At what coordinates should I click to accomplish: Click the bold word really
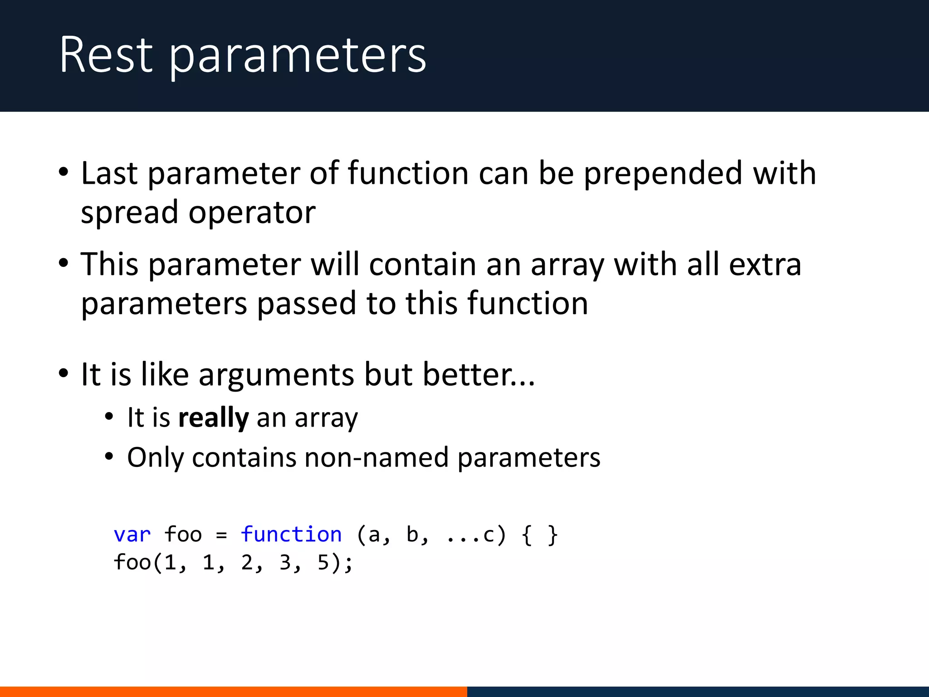213,418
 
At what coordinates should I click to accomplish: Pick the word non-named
376,457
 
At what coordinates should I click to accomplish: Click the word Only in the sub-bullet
155,457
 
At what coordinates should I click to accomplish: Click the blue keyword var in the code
132,535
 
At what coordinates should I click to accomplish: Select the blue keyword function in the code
291,535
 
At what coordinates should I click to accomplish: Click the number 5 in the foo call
323,563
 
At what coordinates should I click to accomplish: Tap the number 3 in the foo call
285,563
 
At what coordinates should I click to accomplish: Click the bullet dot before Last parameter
64,172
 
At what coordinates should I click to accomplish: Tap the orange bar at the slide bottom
233,692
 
